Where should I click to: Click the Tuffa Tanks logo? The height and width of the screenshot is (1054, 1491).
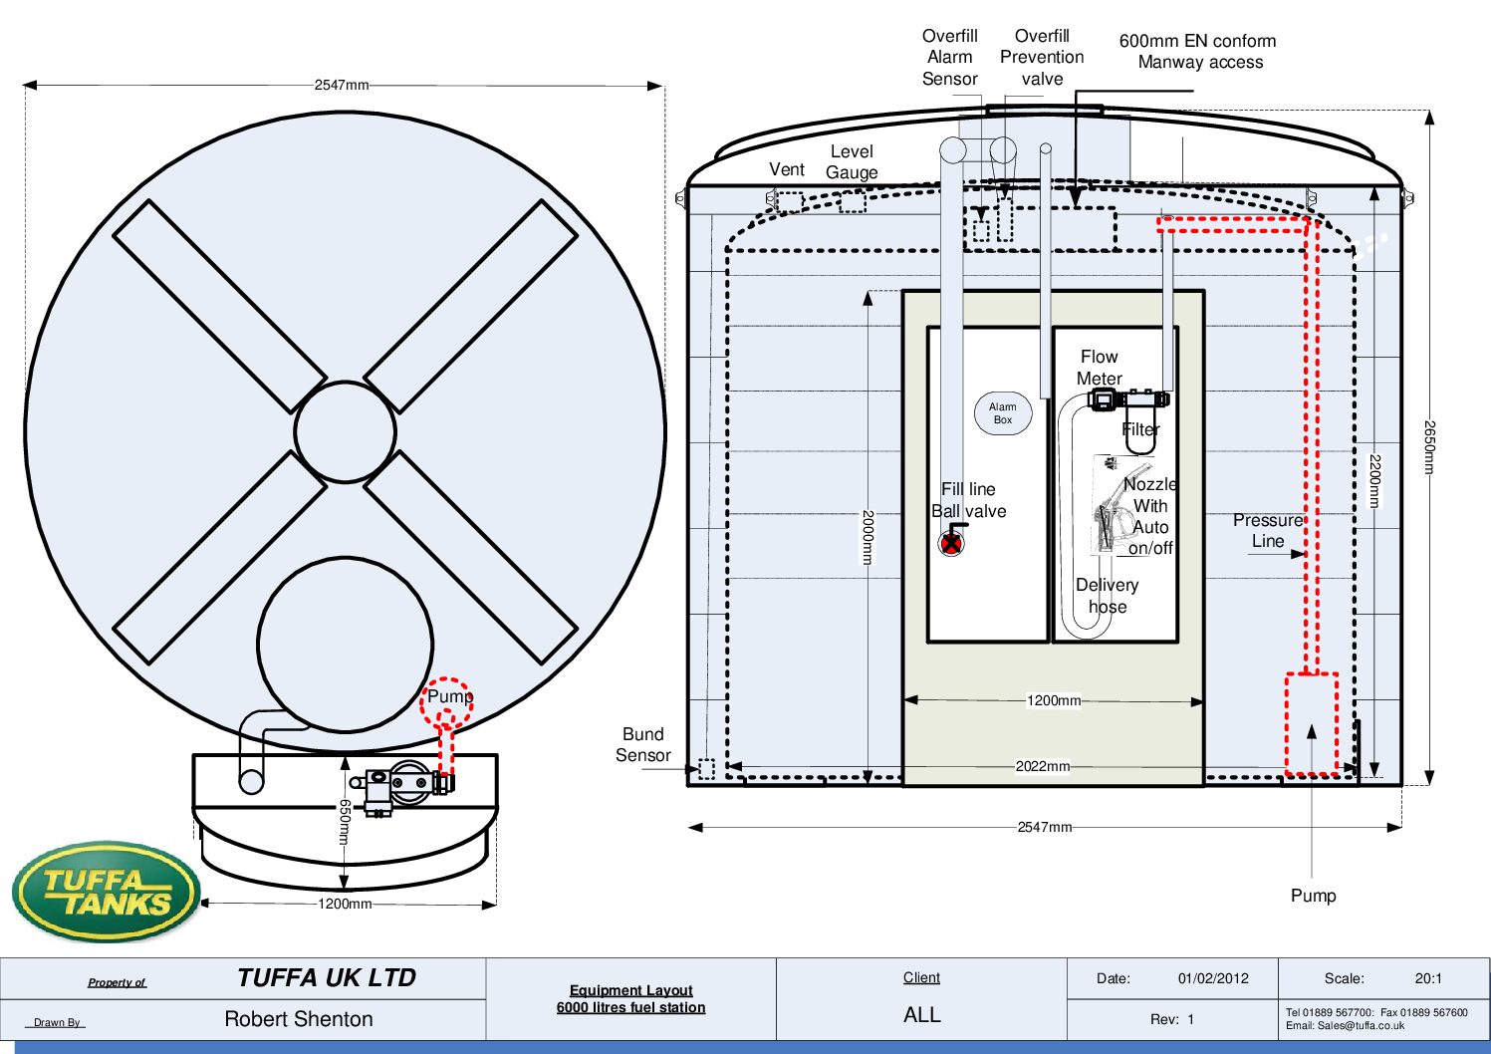pyautogui.click(x=106, y=891)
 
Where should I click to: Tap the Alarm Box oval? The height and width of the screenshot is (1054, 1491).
pyautogui.click(x=1002, y=413)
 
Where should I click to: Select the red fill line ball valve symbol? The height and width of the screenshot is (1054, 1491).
pyautogui.click(x=952, y=543)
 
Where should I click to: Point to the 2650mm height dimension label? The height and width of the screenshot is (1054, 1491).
pyautogui.click(x=1429, y=446)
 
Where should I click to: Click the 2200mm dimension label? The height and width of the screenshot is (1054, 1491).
pyautogui.click(x=1375, y=481)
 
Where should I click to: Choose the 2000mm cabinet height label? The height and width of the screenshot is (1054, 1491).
pyautogui.click(x=868, y=537)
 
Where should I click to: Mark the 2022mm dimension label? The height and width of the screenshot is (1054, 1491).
pyautogui.click(x=1043, y=766)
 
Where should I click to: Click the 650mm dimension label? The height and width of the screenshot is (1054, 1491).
pyautogui.click(x=345, y=822)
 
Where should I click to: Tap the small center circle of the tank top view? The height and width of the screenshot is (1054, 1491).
pyautogui.click(x=346, y=432)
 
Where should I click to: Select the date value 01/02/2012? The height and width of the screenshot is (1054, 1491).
pyautogui.click(x=1213, y=978)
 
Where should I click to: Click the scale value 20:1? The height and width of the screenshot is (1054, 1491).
pyautogui.click(x=1428, y=978)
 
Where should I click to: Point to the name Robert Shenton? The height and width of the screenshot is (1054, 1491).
pyautogui.click(x=298, y=1019)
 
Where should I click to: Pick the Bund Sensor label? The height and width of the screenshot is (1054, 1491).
pyautogui.click(x=643, y=744)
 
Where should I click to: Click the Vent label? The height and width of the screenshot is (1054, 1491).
pyautogui.click(x=787, y=169)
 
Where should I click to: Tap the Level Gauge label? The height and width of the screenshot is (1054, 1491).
pyautogui.click(x=852, y=161)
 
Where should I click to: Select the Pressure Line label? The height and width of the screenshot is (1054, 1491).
pyautogui.click(x=1268, y=530)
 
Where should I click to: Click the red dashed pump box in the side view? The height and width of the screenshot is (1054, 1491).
pyautogui.click(x=1312, y=724)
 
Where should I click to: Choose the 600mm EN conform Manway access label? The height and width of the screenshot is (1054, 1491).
pyautogui.click(x=1198, y=51)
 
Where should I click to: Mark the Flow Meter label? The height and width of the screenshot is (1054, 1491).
pyautogui.click(x=1099, y=368)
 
